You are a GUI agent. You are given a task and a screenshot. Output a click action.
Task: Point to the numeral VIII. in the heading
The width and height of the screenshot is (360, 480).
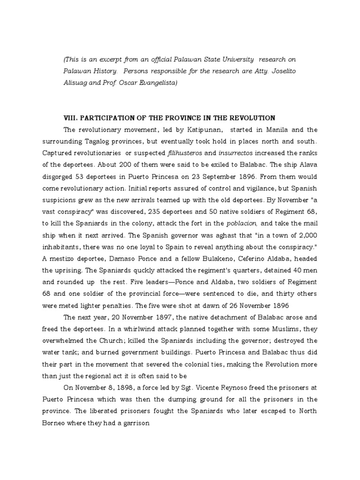point(70,117)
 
